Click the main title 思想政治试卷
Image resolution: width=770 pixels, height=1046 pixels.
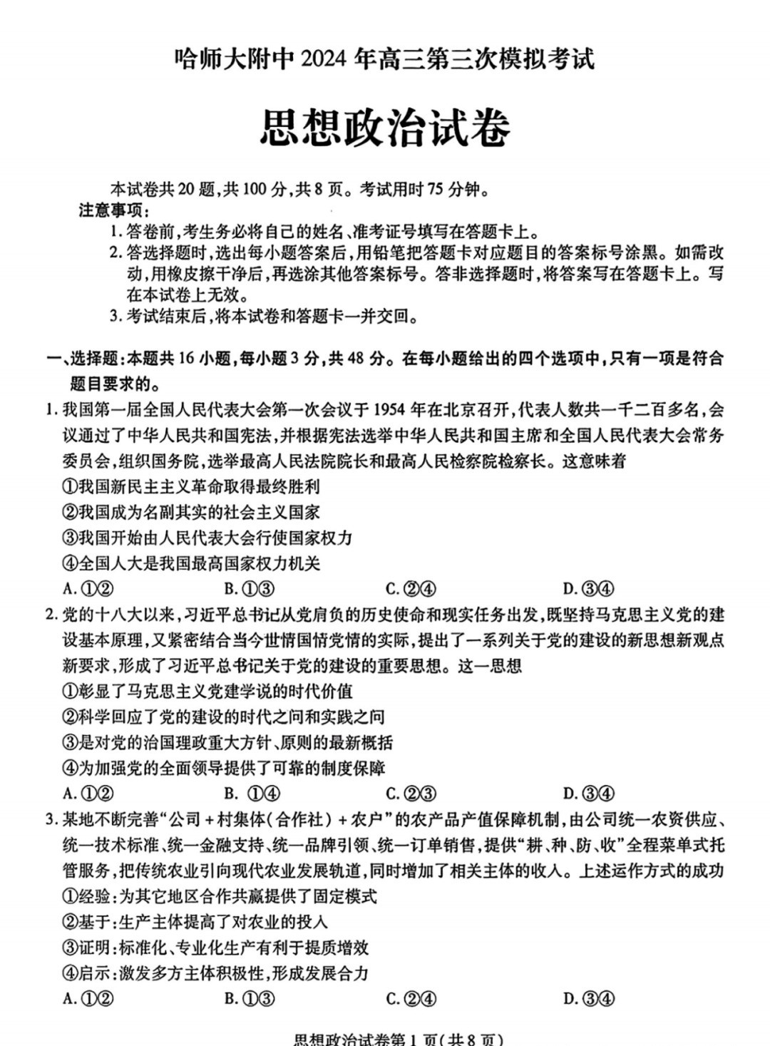[385, 129]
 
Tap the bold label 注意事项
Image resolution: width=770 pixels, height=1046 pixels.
[114, 211]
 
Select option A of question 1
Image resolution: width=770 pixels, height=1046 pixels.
[89, 589]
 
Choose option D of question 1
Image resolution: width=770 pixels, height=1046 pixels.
[588, 589]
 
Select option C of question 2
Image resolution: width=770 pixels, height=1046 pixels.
[411, 794]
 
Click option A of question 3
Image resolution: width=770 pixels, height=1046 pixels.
[89, 998]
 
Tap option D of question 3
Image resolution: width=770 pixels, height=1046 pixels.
[588, 998]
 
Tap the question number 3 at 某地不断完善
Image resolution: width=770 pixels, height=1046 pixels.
[51, 819]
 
